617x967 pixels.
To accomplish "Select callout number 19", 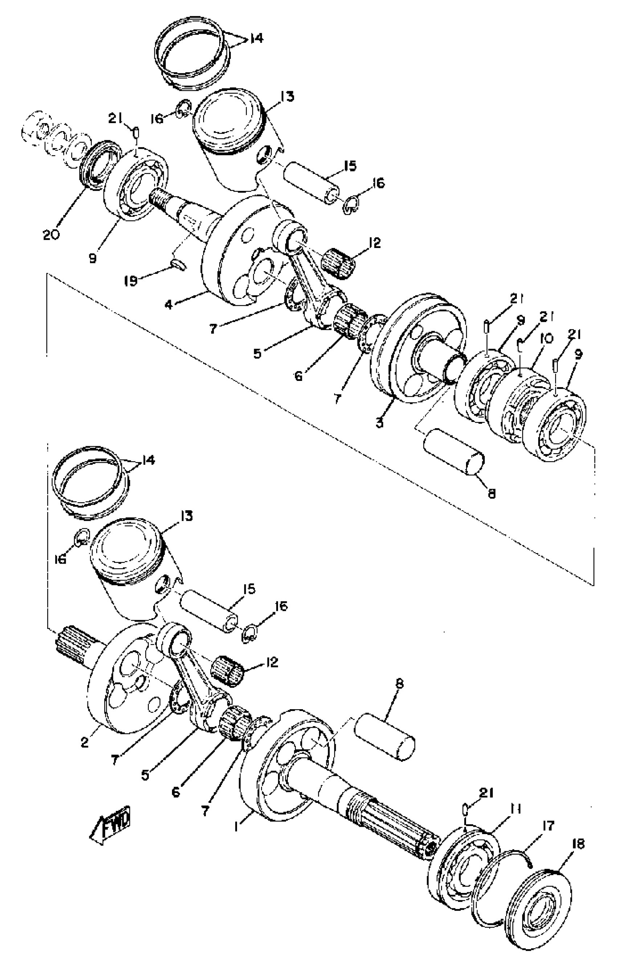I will click(x=130, y=280).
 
